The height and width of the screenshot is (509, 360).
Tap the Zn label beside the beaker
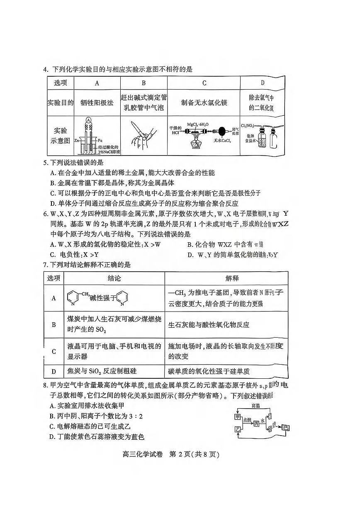click(x=77, y=140)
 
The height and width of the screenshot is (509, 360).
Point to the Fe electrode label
click(x=100, y=140)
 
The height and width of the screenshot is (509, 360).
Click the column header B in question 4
click(x=144, y=83)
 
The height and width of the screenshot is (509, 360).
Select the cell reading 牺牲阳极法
click(x=97, y=102)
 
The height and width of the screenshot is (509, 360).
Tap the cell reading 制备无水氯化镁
click(x=204, y=102)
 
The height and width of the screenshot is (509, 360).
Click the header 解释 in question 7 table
click(x=226, y=278)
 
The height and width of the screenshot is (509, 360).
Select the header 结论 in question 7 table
click(x=114, y=278)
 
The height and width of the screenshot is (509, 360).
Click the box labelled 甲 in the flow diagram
click(x=238, y=416)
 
